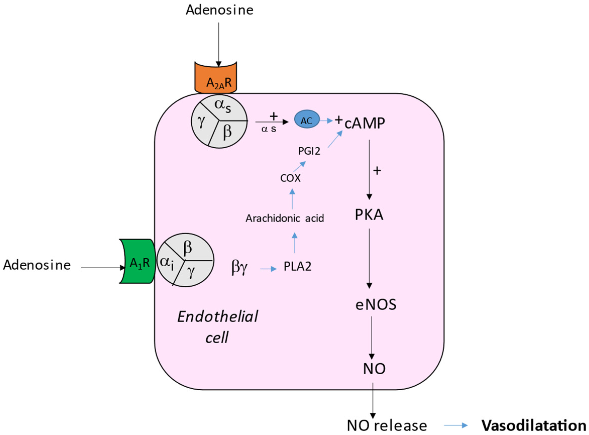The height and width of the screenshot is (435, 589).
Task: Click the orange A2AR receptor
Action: [216, 79]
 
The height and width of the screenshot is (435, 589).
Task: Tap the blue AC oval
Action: [307, 120]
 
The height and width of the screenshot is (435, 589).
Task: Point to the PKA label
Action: [369, 215]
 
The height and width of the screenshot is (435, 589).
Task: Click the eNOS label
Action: [376, 305]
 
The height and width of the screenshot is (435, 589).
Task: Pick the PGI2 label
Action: [309, 151]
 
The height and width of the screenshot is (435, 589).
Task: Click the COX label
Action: [290, 178]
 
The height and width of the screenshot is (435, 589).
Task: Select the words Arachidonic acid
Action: [285, 218]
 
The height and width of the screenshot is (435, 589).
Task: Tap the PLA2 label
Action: [297, 267]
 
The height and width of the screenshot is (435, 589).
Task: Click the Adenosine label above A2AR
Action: [220, 10]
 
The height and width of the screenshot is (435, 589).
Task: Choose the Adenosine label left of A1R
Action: [37, 265]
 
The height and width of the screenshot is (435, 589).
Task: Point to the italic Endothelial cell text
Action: [218, 327]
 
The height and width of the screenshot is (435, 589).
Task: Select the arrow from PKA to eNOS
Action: [369, 258]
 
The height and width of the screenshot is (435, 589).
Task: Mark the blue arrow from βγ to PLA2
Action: [268, 269]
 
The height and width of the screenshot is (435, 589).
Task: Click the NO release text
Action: [387, 425]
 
